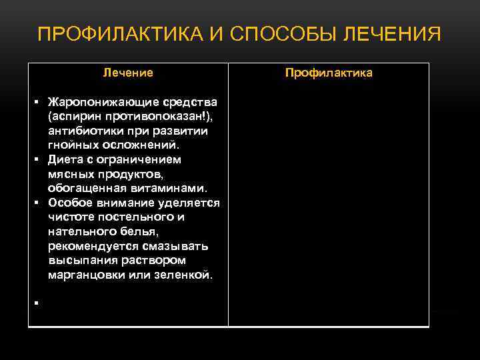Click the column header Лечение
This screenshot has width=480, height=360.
point(128,73)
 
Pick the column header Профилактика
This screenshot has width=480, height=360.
point(329,73)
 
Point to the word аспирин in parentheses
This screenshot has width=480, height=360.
point(73,117)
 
